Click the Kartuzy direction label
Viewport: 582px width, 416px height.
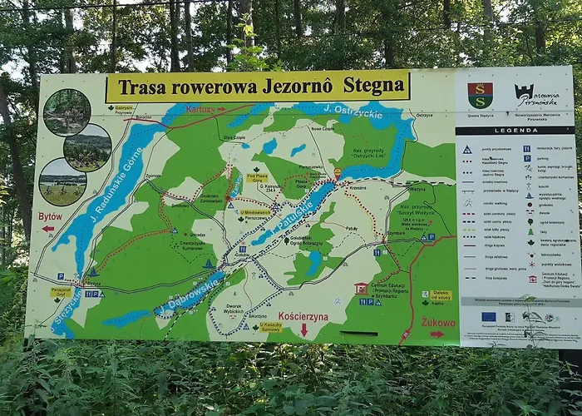tap(203, 109)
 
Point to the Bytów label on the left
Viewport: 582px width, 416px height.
tap(50, 216)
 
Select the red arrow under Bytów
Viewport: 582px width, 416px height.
tap(48, 228)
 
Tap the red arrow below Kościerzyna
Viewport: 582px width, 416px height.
tap(303, 330)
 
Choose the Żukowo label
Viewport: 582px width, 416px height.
tap(437, 322)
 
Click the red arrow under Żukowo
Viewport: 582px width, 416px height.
tap(436, 334)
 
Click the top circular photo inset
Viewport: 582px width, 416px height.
tap(67, 111)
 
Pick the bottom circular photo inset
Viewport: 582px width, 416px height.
tap(62, 182)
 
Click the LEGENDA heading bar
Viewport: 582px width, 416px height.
tap(515, 131)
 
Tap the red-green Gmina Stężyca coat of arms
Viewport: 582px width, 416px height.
tap(480, 95)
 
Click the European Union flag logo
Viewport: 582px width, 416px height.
tap(488, 317)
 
